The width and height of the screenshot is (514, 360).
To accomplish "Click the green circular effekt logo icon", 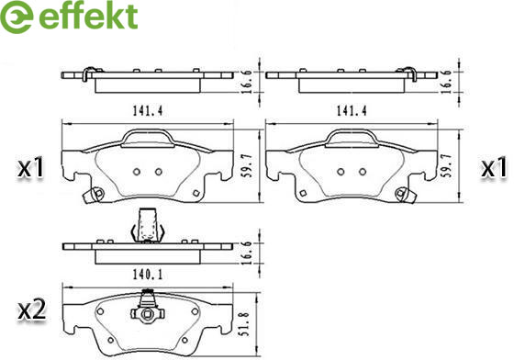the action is [16, 16].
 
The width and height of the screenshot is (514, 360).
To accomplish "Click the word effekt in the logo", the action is [88, 16].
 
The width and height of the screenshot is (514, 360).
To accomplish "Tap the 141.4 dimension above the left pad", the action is [148, 111].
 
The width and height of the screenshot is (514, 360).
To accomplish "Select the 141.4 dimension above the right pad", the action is [352, 111].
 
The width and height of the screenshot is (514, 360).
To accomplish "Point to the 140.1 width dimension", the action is [148, 274].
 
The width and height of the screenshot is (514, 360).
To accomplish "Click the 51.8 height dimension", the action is [247, 324].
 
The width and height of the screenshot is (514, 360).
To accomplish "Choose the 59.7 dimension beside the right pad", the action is [447, 165].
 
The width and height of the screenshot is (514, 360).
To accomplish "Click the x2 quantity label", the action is [31, 310].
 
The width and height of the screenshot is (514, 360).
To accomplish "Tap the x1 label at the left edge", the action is [30, 169].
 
